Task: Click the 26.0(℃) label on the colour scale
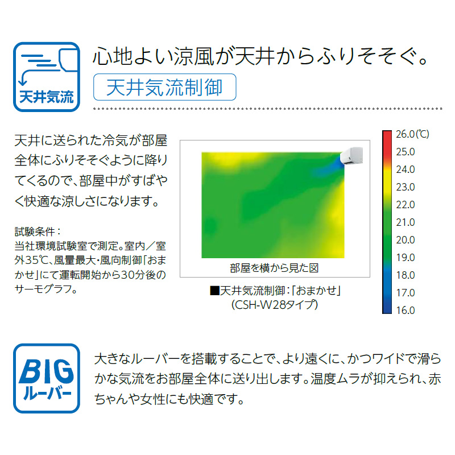pyautogui.click(x=412, y=134)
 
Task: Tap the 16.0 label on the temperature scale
pyautogui.click(x=406, y=310)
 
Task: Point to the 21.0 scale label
pyautogui.click(x=406, y=222)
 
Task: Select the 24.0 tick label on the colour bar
pyautogui.click(x=406, y=169)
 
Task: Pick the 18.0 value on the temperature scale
pyautogui.click(x=406, y=275)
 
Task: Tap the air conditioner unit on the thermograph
pyautogui.click(x=351, y=155)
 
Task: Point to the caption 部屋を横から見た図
pyautogui.click(x=274, y=268)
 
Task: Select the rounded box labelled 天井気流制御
pyautogui.click(x=164, y=87)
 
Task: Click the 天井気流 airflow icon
pyautogui.click(x=47, y=77)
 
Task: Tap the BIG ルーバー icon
pyautogui.click(x=47, y=378)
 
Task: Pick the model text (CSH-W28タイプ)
pyautogui.click(x=275, y=305)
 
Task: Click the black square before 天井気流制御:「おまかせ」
pyautogui.click(x=214, y=291)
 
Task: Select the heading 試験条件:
pyautogui.click(x=38, y=231)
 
